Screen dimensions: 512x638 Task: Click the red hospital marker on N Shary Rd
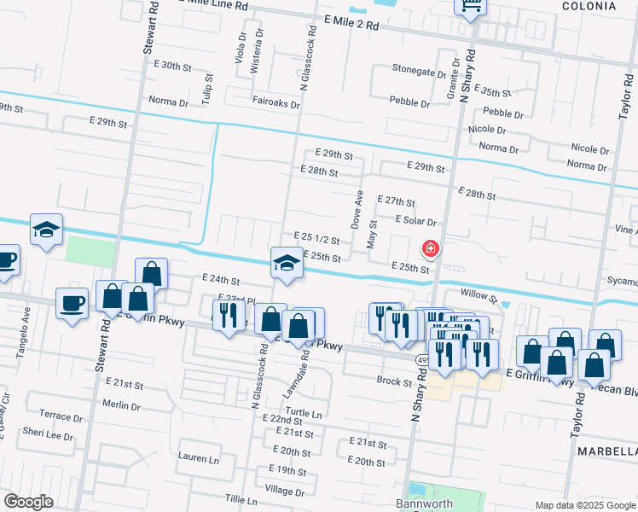(431, 248)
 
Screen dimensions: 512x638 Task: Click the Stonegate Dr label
(419, 69)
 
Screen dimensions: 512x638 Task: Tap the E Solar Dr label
(416, 220)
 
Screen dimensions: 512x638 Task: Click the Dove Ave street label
(358, 209)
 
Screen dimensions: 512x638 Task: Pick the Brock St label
(395, 381)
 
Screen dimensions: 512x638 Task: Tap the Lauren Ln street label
(198, 458)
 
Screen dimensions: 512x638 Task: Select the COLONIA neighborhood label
(589, 6)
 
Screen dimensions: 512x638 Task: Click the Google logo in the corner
(29, 502)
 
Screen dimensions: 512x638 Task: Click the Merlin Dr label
(120, 404)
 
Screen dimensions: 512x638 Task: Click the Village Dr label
(285, 491)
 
